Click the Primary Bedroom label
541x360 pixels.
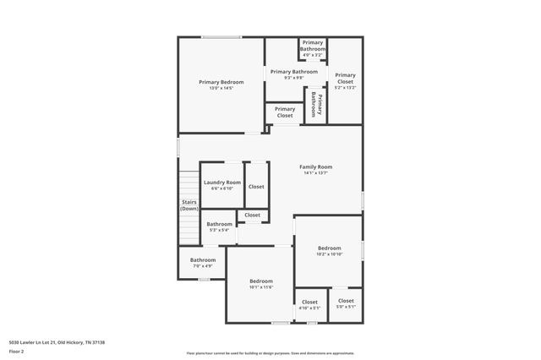coord(221,82)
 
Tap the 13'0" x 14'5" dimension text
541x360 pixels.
coord(221,88)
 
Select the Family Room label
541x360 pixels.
coord(315,166)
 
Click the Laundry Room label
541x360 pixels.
coord(222,183)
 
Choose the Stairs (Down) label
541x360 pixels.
coord(189,205)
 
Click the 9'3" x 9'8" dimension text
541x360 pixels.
coord(293,78)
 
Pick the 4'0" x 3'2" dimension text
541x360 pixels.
coord(313,55)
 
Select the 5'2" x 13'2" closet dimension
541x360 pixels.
coord(345,87)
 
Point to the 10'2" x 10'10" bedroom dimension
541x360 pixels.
coord(329,254)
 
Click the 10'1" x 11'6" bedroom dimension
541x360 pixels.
coord(261,287)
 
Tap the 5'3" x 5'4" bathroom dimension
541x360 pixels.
coord(220,230)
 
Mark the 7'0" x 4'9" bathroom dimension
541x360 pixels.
coord(203,266)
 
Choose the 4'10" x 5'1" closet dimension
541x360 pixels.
coord(310,308)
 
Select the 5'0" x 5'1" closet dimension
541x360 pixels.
coord(346,307)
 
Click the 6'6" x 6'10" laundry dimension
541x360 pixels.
coord(222,188)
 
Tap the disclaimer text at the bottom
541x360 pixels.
coord(270,352)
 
